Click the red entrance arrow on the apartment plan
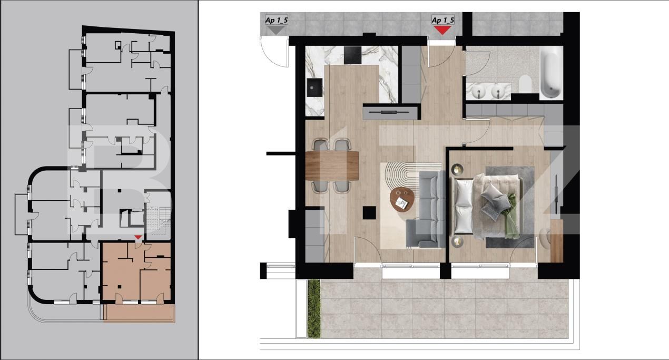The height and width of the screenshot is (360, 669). click(443, 30)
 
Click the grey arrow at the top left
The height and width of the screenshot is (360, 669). click(276, 30)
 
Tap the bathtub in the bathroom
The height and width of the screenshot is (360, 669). click(550, 74)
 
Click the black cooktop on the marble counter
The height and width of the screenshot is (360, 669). click(351, 53)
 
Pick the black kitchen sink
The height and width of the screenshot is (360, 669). click(316, 88)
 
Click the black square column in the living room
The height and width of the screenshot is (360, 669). click(369, 212)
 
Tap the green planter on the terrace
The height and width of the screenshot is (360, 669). click(314, 308)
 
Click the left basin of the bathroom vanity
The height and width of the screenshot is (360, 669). click(480, 93)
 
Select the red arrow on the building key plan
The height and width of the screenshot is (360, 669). click(137, 238)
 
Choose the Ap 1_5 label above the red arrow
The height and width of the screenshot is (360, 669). click(442, 20)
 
